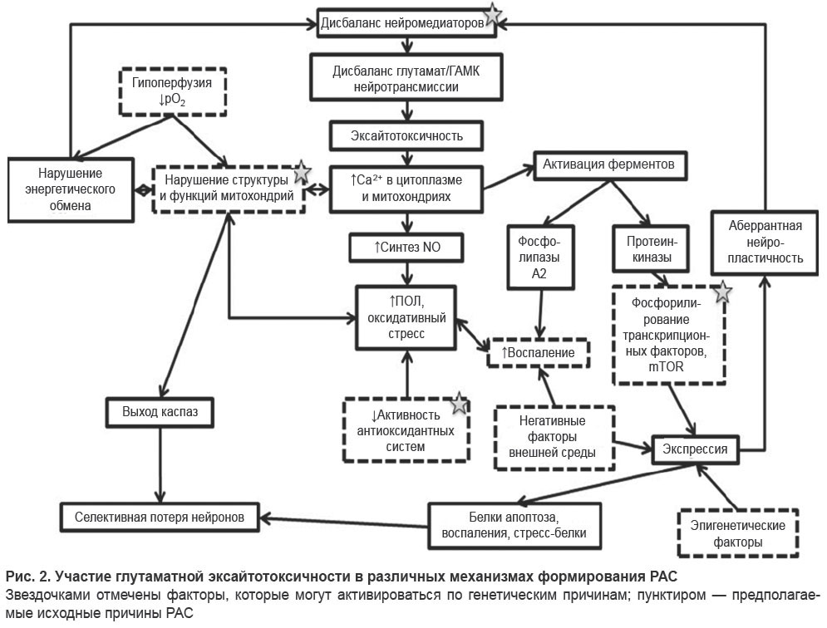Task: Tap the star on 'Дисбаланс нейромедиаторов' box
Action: [x=492, y=14]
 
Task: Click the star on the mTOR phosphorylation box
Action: [x=722, y=292]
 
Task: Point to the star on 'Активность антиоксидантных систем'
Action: [x=460, y=404]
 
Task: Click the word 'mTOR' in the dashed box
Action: [x=666, y=367]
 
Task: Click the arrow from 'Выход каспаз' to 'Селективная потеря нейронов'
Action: [x=160, y=464]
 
